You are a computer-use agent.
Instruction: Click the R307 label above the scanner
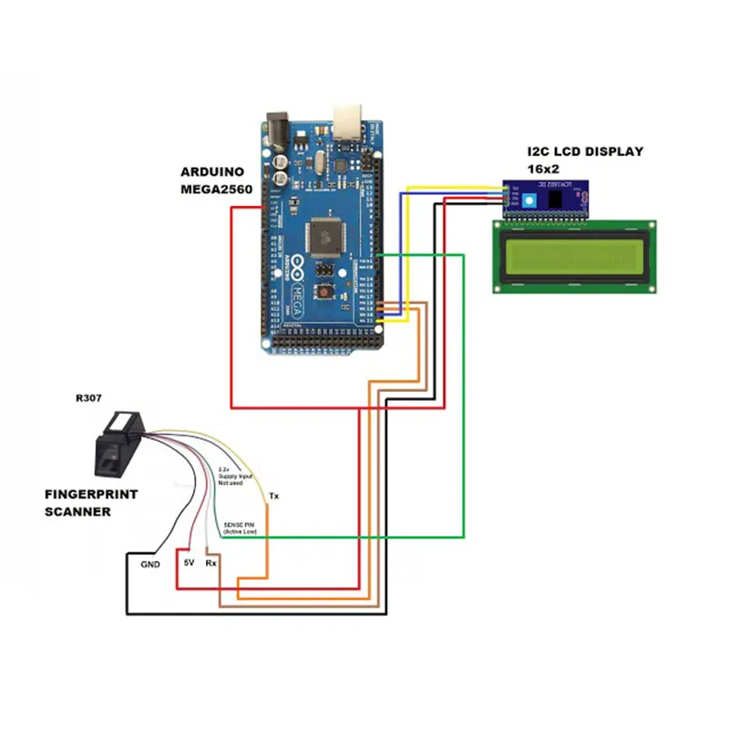tap(89, 398)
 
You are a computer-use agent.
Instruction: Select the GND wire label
tap(150, 564)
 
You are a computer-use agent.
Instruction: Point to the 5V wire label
tap(189, 563)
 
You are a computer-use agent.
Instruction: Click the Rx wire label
tap(210, 563)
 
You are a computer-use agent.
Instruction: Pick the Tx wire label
tap(273, 497)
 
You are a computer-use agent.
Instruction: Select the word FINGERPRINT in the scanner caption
tap(91, 495)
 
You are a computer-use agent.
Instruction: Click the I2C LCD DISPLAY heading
tap(585, 151)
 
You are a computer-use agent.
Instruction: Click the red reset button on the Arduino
tap(323, 293)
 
